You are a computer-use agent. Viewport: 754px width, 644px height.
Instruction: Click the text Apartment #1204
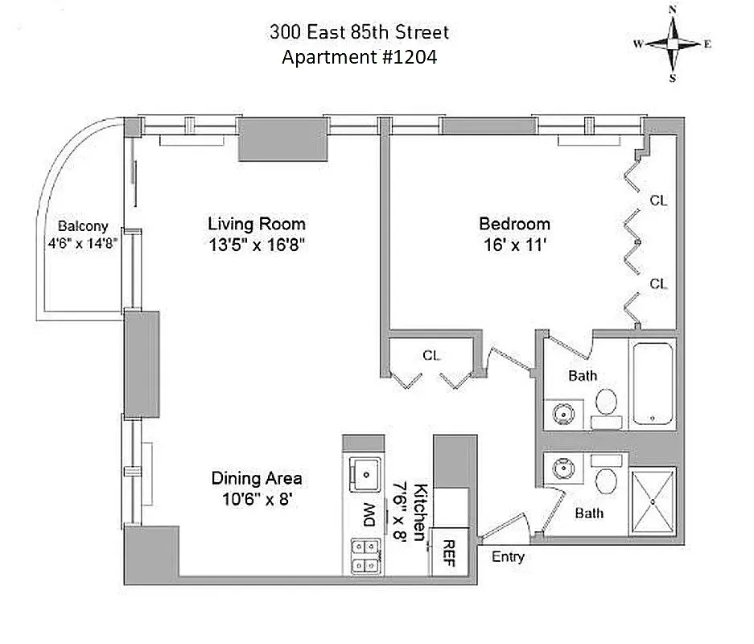click(x=359, y=58)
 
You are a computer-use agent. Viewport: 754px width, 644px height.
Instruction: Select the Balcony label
click(x=82, y=227)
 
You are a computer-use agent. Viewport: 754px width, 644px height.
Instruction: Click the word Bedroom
click(x=515, y=224)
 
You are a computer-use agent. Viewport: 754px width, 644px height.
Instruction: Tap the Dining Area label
click(x=257, y=478)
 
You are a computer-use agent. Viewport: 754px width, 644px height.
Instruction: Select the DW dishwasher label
click(x=369, y=513)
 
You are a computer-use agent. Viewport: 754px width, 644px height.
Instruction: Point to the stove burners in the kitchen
click(x=365, y=555)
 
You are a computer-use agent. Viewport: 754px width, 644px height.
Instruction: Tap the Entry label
click(x=508, y=557)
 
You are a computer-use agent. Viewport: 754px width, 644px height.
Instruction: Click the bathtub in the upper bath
click(x=652, y=384)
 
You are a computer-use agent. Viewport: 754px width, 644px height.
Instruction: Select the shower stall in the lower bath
click(x=653, y=498)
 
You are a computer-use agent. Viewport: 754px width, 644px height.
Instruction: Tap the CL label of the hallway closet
click(x=431, y=354)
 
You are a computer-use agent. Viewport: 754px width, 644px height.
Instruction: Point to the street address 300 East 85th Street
click(x=359, y=33)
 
